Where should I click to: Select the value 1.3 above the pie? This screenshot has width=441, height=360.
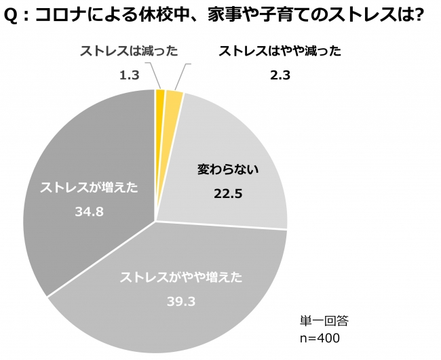[129, 75]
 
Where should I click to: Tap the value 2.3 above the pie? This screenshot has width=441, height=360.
[280, 75]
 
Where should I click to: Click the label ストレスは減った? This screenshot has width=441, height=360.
[129, 51]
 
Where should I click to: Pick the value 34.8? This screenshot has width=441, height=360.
[88, 212]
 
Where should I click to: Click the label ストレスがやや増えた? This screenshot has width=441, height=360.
[180, 277]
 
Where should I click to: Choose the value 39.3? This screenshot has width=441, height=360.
[181, 300]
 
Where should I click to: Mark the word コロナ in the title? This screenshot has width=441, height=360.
[60, 15]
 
